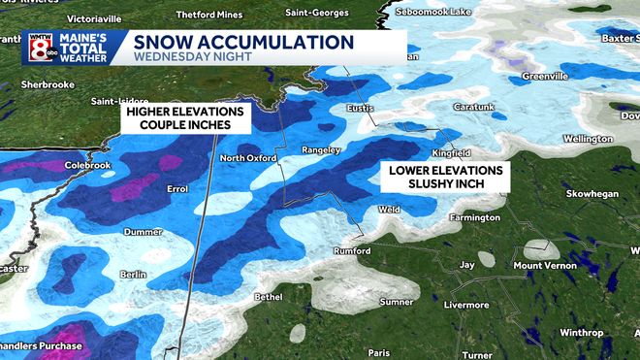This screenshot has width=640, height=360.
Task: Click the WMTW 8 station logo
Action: (40, 47)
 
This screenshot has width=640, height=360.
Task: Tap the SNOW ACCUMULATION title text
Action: (242, 42)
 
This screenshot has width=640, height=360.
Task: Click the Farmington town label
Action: (473, 218)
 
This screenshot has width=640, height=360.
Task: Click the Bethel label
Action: (269, 295)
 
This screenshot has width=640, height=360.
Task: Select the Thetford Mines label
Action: (210, 15)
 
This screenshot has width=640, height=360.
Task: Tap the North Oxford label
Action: (248, 158)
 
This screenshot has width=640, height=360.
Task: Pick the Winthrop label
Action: (581, 333)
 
